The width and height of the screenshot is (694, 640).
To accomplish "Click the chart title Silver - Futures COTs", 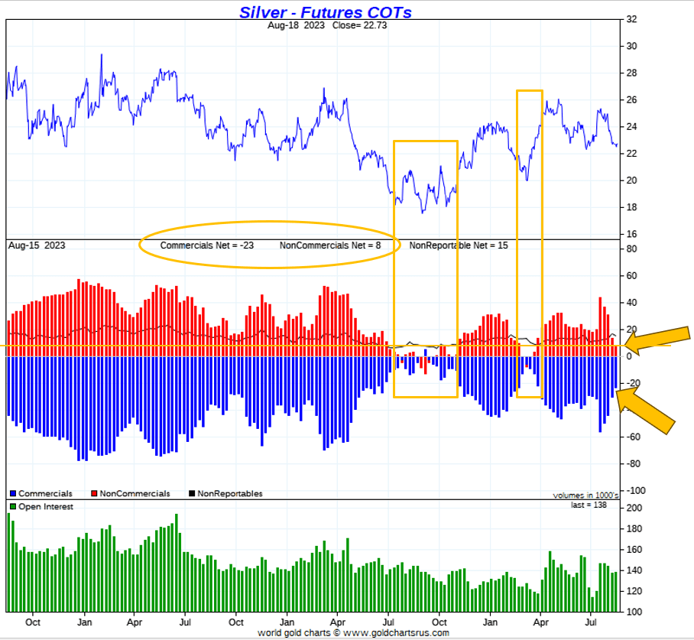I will (326, 11).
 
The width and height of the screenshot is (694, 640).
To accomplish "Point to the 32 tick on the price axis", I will (631, 20).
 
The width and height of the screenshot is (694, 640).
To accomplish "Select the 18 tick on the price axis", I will (631, 207).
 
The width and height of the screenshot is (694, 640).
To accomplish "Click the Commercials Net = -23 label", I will (206, 246).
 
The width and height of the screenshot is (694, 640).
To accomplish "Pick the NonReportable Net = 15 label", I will (459, 246).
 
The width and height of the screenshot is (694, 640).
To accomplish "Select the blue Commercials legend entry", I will (41, 494).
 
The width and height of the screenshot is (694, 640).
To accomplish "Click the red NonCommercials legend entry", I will (130, 494).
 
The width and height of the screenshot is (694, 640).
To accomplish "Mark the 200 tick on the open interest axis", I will (634, 508).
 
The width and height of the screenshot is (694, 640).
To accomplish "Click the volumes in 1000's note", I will (585, 495).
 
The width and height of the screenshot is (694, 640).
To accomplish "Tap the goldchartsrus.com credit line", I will (353, 633).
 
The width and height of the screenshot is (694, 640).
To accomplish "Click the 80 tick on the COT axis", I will (631, 249).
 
